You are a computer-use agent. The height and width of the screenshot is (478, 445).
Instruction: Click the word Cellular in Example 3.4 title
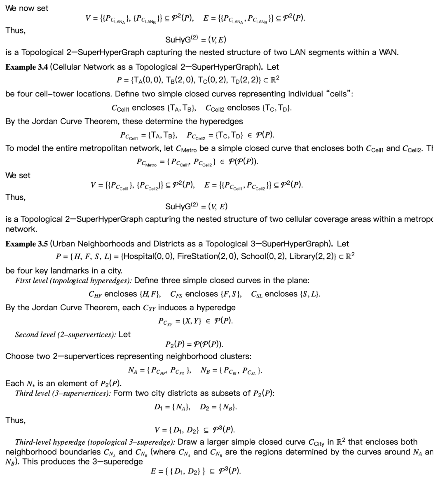click(x=68, y=67)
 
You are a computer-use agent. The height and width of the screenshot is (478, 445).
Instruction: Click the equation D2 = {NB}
click(x=218, y=407)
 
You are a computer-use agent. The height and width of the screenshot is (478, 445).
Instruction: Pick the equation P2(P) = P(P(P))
click(x=194, y=344)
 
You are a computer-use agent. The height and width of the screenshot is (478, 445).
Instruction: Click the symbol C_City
click(x=318, y=443)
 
